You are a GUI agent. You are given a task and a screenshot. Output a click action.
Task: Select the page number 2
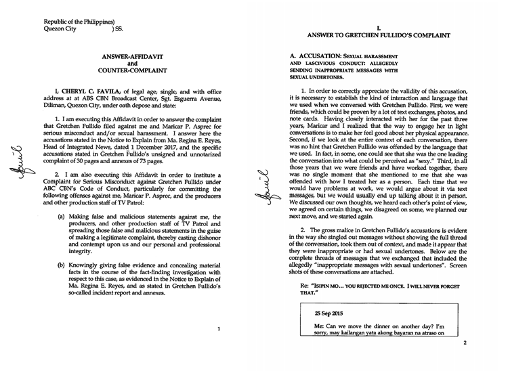(x=465, y=343)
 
